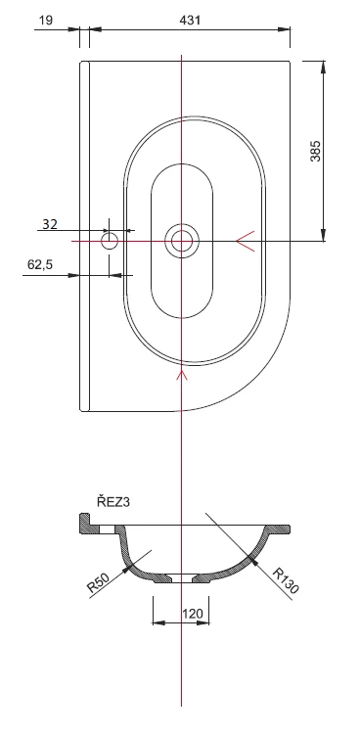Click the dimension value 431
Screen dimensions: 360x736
[x=190, y=21]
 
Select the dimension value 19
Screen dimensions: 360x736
[x=46, y=21]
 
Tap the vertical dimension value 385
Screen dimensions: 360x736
[x=316, y=151]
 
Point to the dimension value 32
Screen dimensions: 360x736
[x=50, y=224]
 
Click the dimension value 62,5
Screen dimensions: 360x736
[x=40, y=264]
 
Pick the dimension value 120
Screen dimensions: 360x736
[x=193, y=614]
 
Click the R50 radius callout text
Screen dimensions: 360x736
[x=98, y=582]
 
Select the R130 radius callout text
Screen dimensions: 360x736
[x=286, y=581]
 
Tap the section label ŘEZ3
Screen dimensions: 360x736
[x=113, y=502]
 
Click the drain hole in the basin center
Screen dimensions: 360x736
[x=182, y=242]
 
